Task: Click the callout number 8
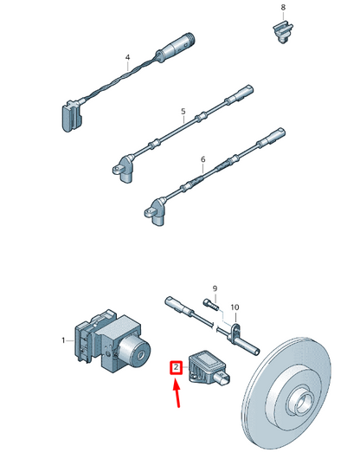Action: pyautogui.click(x=283, y=7)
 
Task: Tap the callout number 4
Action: pyautogui.click(x=127, y=57)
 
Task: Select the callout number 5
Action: pyautogui.click(x=183, y=111)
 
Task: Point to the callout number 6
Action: pyautogui.click(x=203, y=159)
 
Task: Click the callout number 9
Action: pyautogui.click(x=215, y=288)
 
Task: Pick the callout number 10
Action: pyautogui.click(x=235, y=307)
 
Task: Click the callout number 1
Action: pyautogui.click(x=63, y=340)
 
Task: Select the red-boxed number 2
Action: pyautogui.click(x=176, y=367)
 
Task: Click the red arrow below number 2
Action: pyautogui.click(x=177, y=392)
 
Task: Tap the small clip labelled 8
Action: pyautogui.click(x=282, y=32)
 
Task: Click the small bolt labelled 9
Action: pyautogui.click(x=211, y=304)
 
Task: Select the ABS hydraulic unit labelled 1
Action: pyautogui.click(x=112, y=341)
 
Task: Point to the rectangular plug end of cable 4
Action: pyautogui.click(x=72, y=116)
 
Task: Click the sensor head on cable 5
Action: pyautogui.click(x=124, y=169)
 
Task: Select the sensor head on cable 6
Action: pyautogui.click(x=156, y=211)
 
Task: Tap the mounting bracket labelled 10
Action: pyautogui.click(x=235, y=332)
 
